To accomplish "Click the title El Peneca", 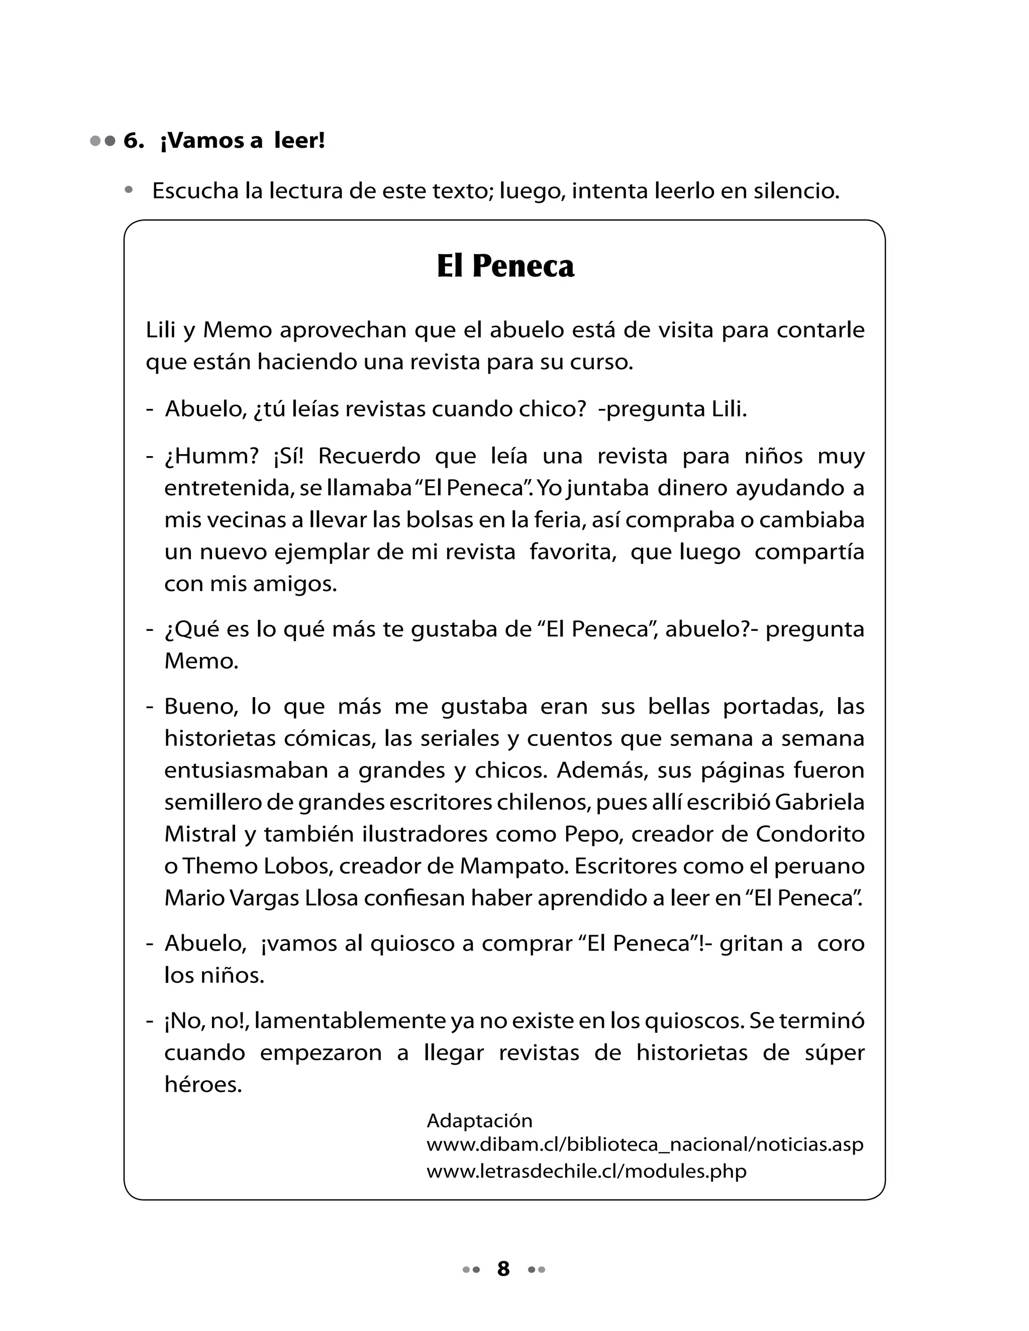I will coord(505,266).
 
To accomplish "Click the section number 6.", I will coord(134,142).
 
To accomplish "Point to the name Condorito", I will coord(810,834).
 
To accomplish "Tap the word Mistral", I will coord(200,834).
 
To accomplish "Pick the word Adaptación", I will coord(479,1121).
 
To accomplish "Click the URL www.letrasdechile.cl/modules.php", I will coord(586,1171).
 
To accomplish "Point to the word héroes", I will coord(203,1085).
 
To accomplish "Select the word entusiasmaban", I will coord(247,770).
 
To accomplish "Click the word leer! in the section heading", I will coord(299,142).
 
